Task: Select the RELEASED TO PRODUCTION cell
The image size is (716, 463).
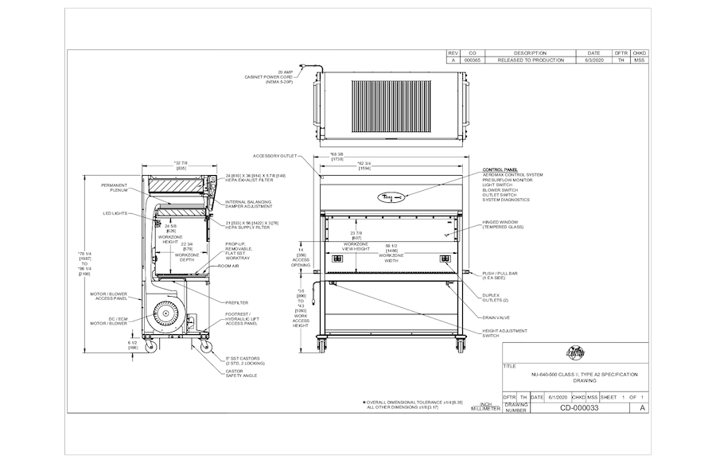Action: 530,60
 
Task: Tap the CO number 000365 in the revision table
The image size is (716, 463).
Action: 473,60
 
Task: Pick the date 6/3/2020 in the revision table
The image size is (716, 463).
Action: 594,60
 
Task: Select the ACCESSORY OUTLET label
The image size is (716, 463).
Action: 274,156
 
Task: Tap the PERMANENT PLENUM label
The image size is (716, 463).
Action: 115,188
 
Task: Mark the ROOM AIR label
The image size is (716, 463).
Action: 230,267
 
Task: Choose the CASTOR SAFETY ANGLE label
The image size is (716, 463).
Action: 241,373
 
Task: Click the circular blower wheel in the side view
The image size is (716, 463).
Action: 167,312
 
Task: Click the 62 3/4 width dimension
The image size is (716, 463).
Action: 364,165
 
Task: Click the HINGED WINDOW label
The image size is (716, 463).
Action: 501,224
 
